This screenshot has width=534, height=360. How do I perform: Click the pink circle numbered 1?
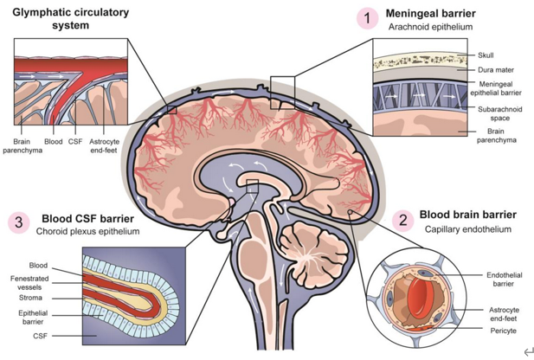click(368, 18)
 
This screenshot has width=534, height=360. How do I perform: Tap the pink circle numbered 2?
click(403, 221)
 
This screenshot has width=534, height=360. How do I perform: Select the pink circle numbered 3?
click(19, 222)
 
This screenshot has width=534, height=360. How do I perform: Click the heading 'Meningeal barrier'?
click(430, 13)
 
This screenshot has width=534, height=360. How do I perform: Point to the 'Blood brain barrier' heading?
click(468, 215)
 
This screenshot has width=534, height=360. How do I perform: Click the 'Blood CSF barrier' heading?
click(88, 218)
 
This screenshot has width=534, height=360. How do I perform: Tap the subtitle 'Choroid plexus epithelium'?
click(88, 231)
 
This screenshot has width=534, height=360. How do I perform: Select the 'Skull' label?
click(486, 55)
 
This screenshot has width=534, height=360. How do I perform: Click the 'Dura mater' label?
click(496, 70)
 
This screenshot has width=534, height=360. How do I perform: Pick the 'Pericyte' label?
click(504, 331)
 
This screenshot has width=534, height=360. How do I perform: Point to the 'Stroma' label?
click(30, 298)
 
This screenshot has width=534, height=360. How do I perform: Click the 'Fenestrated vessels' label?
click(29, 283)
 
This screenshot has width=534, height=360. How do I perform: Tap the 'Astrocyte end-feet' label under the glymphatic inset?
click(104, 145)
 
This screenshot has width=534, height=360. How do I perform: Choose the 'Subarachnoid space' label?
click(499, 113)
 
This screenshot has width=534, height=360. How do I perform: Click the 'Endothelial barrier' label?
click(504, 280)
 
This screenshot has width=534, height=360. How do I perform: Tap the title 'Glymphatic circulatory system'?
click(70, 19)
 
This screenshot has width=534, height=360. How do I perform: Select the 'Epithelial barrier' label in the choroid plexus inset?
click(33, 317)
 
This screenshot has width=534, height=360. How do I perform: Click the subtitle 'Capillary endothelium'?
click(468, 229)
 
